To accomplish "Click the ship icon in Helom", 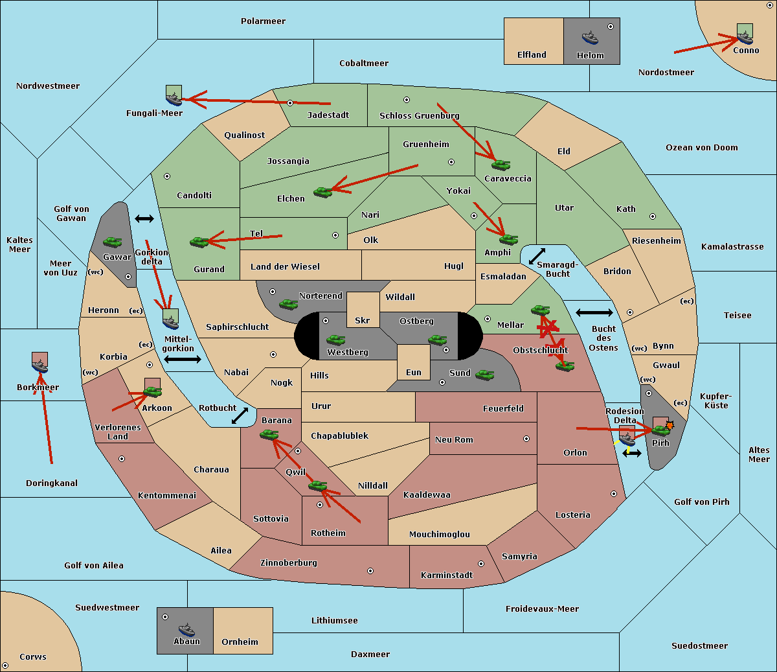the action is (x=590, y=38).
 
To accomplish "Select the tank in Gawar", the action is (x=113, y=242).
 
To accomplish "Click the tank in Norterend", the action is (x=288, y=304).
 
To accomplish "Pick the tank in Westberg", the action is (x=335, y=340).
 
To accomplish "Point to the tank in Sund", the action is (x=484, y=375).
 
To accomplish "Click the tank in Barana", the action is (x=269, y=435).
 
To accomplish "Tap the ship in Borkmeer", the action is (x=40, y=365).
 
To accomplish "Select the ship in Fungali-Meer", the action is (x=174, y=98).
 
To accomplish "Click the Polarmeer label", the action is (x=263, y=21).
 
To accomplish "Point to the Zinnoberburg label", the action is (x=289, y=563).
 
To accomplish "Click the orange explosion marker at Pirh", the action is (x=670, y=425).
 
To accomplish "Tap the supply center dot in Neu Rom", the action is (x=526, y=439).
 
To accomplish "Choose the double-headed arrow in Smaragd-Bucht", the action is (x=537, y=256).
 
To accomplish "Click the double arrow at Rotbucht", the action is (x=240, y=416).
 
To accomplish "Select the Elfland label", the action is (x=532, y=55).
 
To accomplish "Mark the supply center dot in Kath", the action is (x=653, y=216).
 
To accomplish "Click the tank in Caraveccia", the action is (x=501, y=165).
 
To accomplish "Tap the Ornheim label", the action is (x=240, y=642).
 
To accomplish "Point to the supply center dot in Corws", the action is (x=5, y=666).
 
